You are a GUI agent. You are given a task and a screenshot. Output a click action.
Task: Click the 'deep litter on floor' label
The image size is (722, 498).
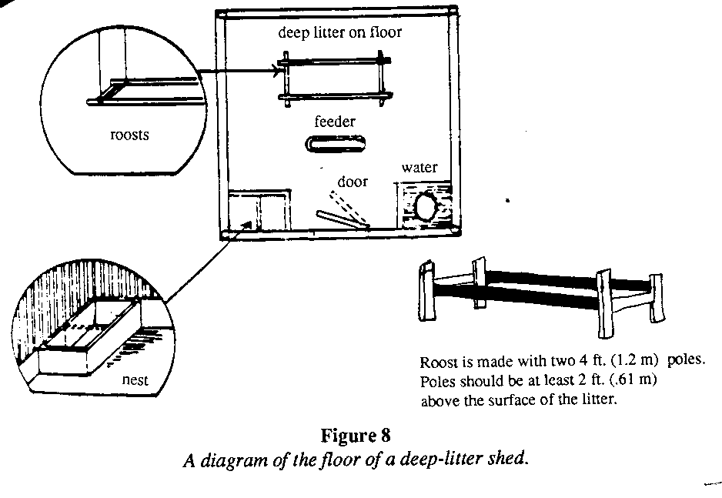[340, 33]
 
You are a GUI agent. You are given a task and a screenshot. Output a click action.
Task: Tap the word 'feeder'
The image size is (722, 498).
[333, 121]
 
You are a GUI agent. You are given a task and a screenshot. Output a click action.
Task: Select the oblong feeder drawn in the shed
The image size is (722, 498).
[336, 144]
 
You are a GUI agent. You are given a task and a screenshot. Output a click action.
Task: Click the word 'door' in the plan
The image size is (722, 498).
[353, 182]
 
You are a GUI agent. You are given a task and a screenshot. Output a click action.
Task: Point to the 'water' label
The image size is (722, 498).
[419, 168]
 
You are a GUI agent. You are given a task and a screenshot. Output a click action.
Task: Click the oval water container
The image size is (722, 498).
[425, 206]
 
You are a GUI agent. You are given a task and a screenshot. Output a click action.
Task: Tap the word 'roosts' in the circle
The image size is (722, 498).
[129, 135]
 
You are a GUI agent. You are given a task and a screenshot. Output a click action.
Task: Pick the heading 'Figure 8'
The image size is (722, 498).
[360, 439]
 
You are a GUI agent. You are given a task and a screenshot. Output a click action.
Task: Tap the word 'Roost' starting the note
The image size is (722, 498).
[436, 363]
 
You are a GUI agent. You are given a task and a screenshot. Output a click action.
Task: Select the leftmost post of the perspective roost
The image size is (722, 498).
[426, 289]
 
